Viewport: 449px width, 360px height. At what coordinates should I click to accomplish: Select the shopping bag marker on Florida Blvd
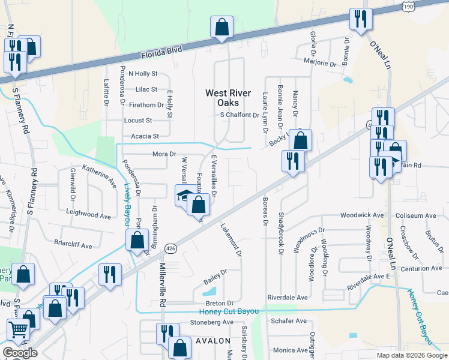[x=221, y=28]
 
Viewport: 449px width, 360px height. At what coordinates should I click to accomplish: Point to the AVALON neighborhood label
[x=209, y=340]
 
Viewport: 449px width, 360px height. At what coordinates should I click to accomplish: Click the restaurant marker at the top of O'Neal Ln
[x=361, y=19]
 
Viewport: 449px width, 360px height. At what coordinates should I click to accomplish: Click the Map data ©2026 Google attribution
[x=411, y=355]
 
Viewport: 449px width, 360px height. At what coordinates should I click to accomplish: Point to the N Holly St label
[x=143, y=74]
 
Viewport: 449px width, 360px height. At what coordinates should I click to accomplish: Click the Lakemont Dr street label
[x=231, y=241]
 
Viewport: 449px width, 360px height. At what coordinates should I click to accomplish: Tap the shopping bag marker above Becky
[x=300, y=140]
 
